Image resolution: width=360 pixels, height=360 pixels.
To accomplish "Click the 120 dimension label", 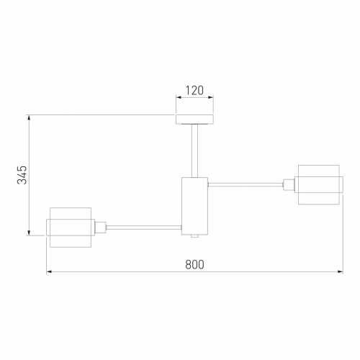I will [x=194, y=91].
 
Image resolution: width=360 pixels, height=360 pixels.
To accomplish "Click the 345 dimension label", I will [x=22, y=174].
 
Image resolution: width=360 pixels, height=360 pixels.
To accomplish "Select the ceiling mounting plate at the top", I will [x=194, y=119].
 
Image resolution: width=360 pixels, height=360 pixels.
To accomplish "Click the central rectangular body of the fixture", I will [x=194, y=204].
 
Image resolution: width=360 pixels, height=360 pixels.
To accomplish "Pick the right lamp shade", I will [x=319, y=184].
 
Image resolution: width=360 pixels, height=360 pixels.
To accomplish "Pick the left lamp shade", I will [x=69, y=227].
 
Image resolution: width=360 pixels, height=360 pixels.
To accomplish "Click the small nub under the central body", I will [x=194, y=235].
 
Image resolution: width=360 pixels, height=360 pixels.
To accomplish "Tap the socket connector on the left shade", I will [x=101, y=227].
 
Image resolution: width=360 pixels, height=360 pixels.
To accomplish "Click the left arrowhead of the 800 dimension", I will [x=49, y=272].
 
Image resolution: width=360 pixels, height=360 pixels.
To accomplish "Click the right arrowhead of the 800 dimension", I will [x=340, y=272].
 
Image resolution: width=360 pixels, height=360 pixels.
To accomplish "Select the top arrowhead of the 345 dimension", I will [x=29, y=117].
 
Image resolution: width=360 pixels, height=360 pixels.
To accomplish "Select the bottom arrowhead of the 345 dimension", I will [x=29, y=232].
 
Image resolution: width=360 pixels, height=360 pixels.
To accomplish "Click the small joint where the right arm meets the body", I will [x=208, y=185].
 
